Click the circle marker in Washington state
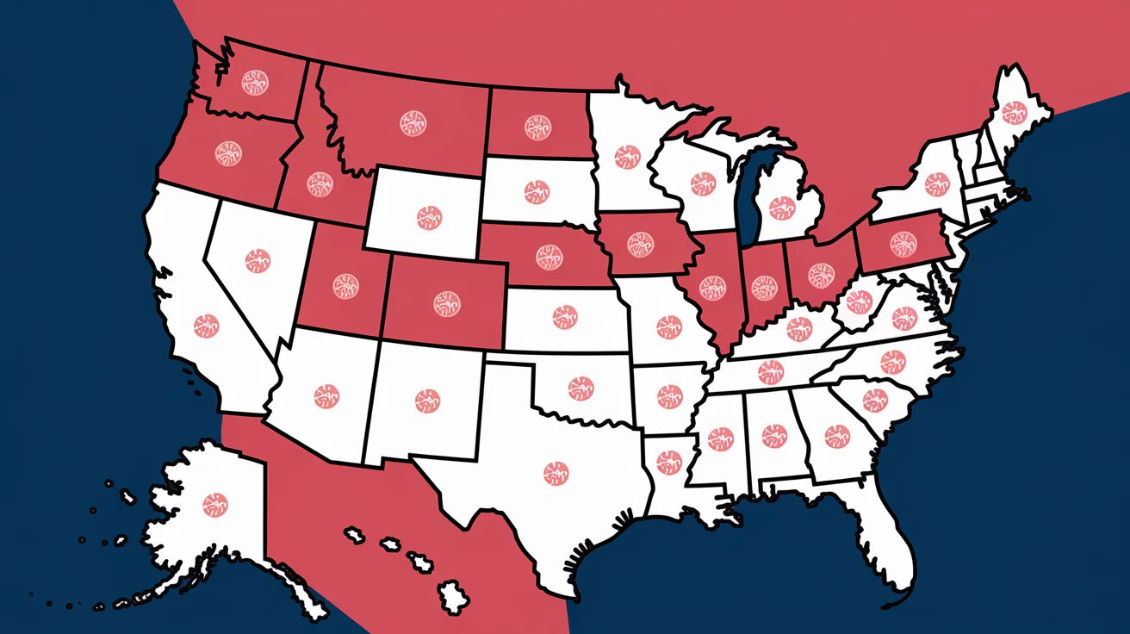tap(254, 84)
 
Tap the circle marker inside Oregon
tap(228, 153)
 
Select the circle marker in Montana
tap(413, 122)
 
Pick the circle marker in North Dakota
tap(537, 127)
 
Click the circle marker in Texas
tap(556, 471)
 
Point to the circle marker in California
tap(206, 325)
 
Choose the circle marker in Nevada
tap(258, 261)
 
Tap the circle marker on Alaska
tap(214, 504)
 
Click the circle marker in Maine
tap(1013, 113)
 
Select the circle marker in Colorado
tap(446, 302)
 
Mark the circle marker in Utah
tap(345, 286)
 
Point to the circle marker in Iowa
tap(641, 245)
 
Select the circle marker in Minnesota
tap(626, 156)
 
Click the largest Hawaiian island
tap(451, 594)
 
